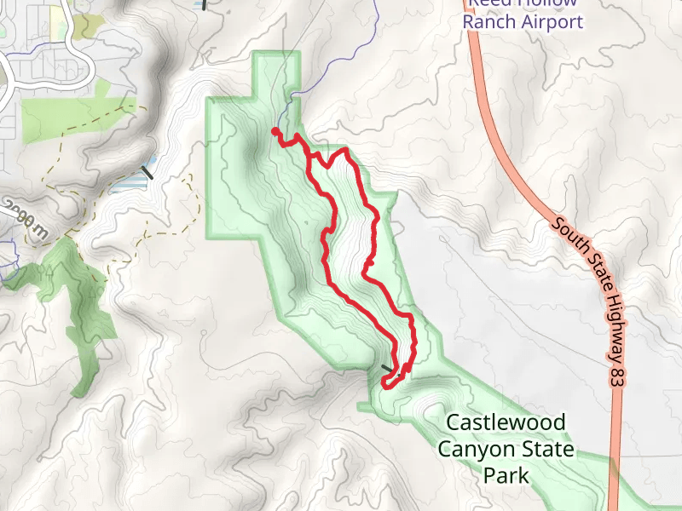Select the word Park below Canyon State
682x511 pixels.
[x=506, y=475]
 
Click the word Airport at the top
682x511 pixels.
[x=551, y=21]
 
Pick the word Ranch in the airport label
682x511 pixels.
[x=489, y=21]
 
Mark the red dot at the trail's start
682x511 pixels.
[x=275, y=132]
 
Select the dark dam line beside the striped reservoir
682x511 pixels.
[x=147, y=172]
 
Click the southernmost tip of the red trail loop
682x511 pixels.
[x=387, y=385]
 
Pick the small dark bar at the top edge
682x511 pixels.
[x=204, y=3]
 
